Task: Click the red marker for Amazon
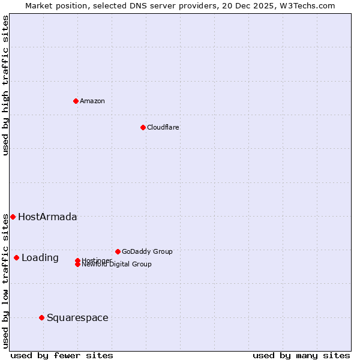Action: (76, 101)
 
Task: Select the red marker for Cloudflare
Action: (143, 127)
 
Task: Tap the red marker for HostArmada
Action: (13, 217)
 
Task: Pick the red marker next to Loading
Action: (16, 257)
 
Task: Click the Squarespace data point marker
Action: (41, 317)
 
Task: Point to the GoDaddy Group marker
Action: (118, 251)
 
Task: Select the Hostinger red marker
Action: (77, 260)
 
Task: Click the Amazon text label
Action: (92, 101)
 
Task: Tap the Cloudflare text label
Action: (163, 127)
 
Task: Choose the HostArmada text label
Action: (47, 217)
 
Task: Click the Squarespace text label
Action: (77, 318)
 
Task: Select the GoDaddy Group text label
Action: (147, 251)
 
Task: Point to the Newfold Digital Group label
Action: (116, 265)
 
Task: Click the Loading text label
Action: (40, 258)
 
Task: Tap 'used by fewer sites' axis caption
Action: (62, 356)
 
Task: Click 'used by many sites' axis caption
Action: (301, 356)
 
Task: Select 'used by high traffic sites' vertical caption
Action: (5, 85)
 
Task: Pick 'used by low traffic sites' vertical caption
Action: (5, 281)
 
